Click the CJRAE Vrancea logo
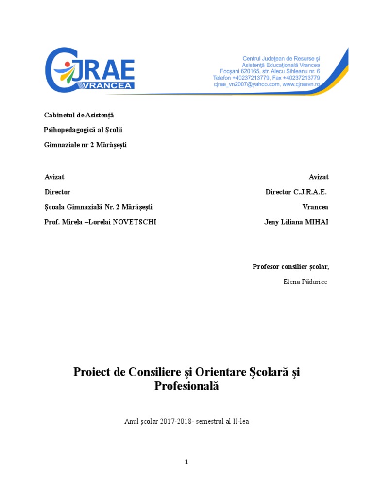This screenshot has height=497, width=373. point(90,69)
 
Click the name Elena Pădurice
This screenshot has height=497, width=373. point(305,282)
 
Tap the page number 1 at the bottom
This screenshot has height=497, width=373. point(186,462)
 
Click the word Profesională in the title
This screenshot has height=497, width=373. point(187,386)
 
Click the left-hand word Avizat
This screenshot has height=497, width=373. point(54,177)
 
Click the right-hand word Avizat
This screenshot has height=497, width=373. point(319,177)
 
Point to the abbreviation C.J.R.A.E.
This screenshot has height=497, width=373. point(310,192)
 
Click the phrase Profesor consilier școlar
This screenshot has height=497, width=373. point(290,266)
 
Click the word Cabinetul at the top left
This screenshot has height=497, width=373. point(56,115)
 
